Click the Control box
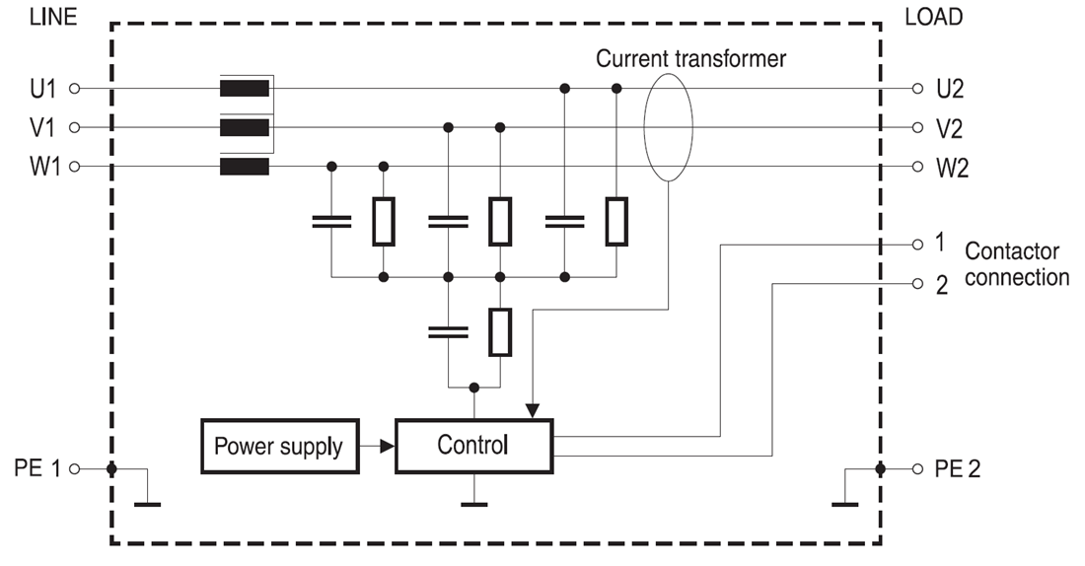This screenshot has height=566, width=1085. (x=474, y=445)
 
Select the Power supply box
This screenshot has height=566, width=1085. (x=277, y=446)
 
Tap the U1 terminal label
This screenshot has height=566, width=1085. (x=44, y=89)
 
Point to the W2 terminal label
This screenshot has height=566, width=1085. (x=953, y=168)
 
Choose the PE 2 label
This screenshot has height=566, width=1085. (x=960, y=467)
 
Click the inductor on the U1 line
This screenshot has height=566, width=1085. (x=244, y=89)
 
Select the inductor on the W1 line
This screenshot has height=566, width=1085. (x=244, y=167)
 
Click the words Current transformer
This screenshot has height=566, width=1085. (x=691, y=59)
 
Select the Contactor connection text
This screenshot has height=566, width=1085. (x=1016, y=264)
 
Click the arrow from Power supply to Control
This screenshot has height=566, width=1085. (x=375, y=446)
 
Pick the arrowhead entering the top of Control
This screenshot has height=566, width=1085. (x=534, y=409)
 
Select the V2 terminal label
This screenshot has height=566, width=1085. (x=952, y=128)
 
